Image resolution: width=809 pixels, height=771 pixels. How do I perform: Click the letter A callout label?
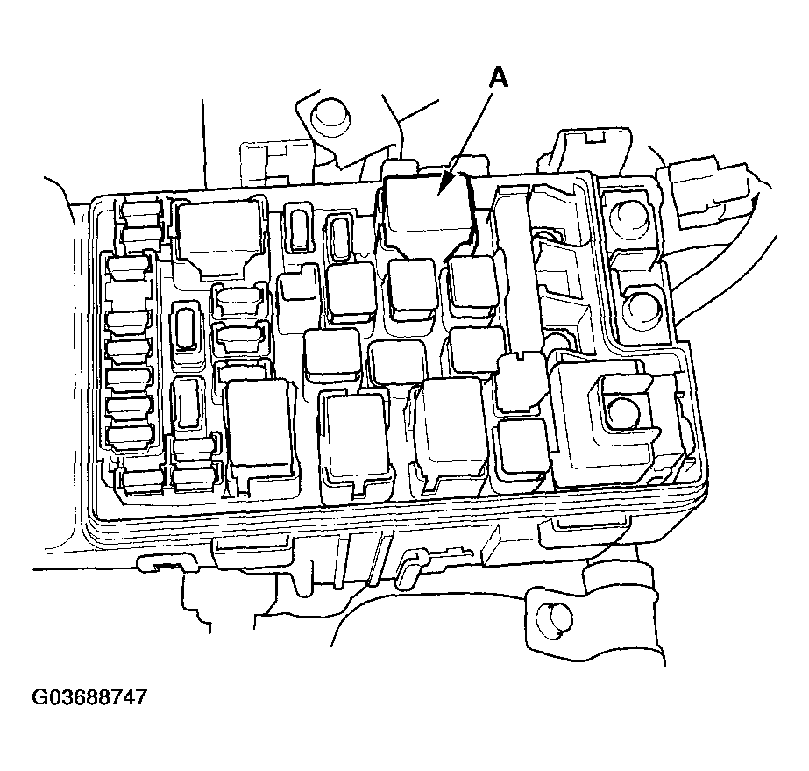(x=497, y=78)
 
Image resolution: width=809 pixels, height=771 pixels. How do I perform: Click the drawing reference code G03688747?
(x=89, y=698)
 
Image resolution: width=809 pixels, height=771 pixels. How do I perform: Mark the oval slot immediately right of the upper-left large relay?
(x=298, y=229)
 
